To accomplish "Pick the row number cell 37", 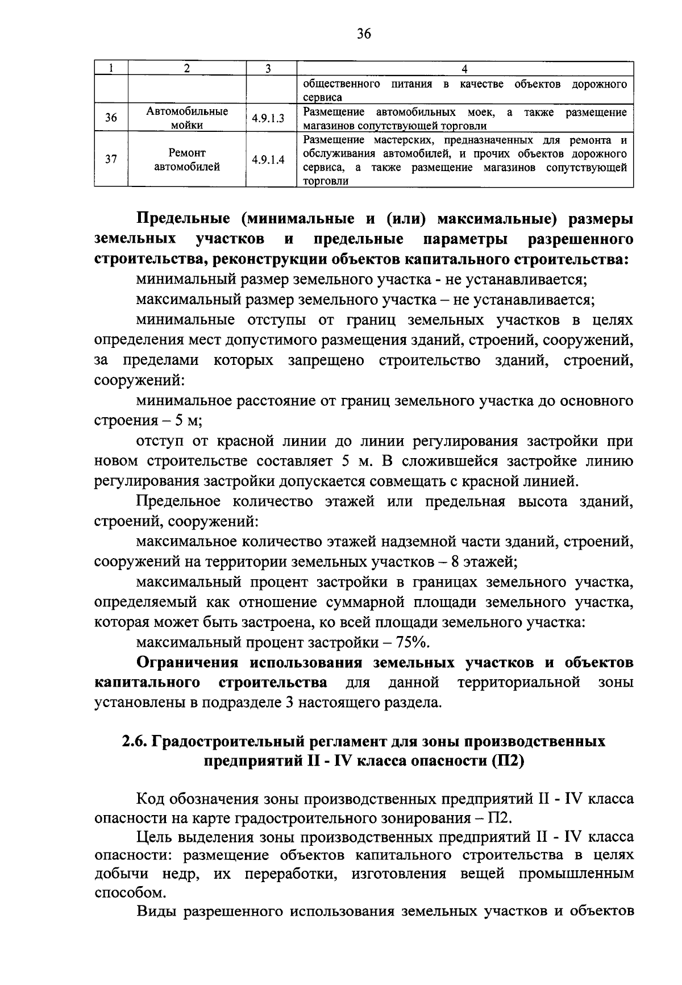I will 111,160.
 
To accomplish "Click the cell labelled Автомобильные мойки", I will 187,118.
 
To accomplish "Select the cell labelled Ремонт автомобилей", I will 187,160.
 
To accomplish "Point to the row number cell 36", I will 111,118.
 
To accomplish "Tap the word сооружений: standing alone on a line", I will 139,381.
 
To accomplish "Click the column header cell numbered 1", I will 111,69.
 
